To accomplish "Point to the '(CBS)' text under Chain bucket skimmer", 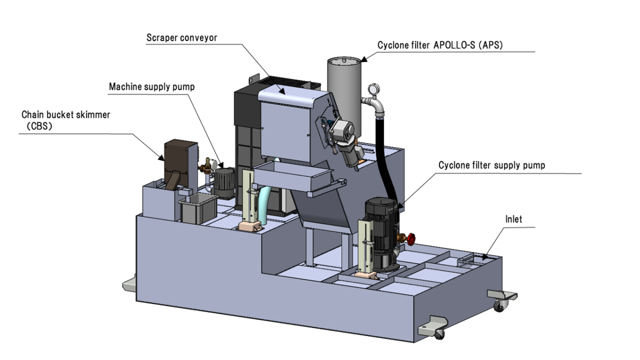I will tap(39, 126).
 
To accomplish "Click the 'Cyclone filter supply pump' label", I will tap(491, 165).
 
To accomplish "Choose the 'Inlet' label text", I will tap(514, 219).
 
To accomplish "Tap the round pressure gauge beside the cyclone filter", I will tap(370, 89).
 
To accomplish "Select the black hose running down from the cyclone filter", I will tap(383, 155).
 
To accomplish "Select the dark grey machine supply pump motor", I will tap(222, 181).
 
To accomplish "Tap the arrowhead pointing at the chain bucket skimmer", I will tap(161, 156).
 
